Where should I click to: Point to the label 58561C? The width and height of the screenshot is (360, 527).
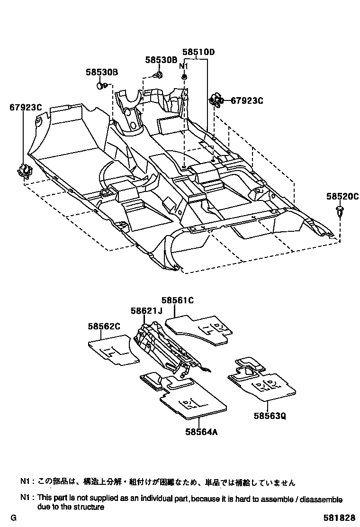[178, 300]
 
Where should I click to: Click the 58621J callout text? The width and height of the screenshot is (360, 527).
[147, 310]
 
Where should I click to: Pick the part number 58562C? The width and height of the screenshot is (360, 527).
[104, 326]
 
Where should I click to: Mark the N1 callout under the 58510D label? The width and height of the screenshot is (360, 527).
[184, 66]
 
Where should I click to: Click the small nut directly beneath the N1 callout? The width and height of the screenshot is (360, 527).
[184, 77]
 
